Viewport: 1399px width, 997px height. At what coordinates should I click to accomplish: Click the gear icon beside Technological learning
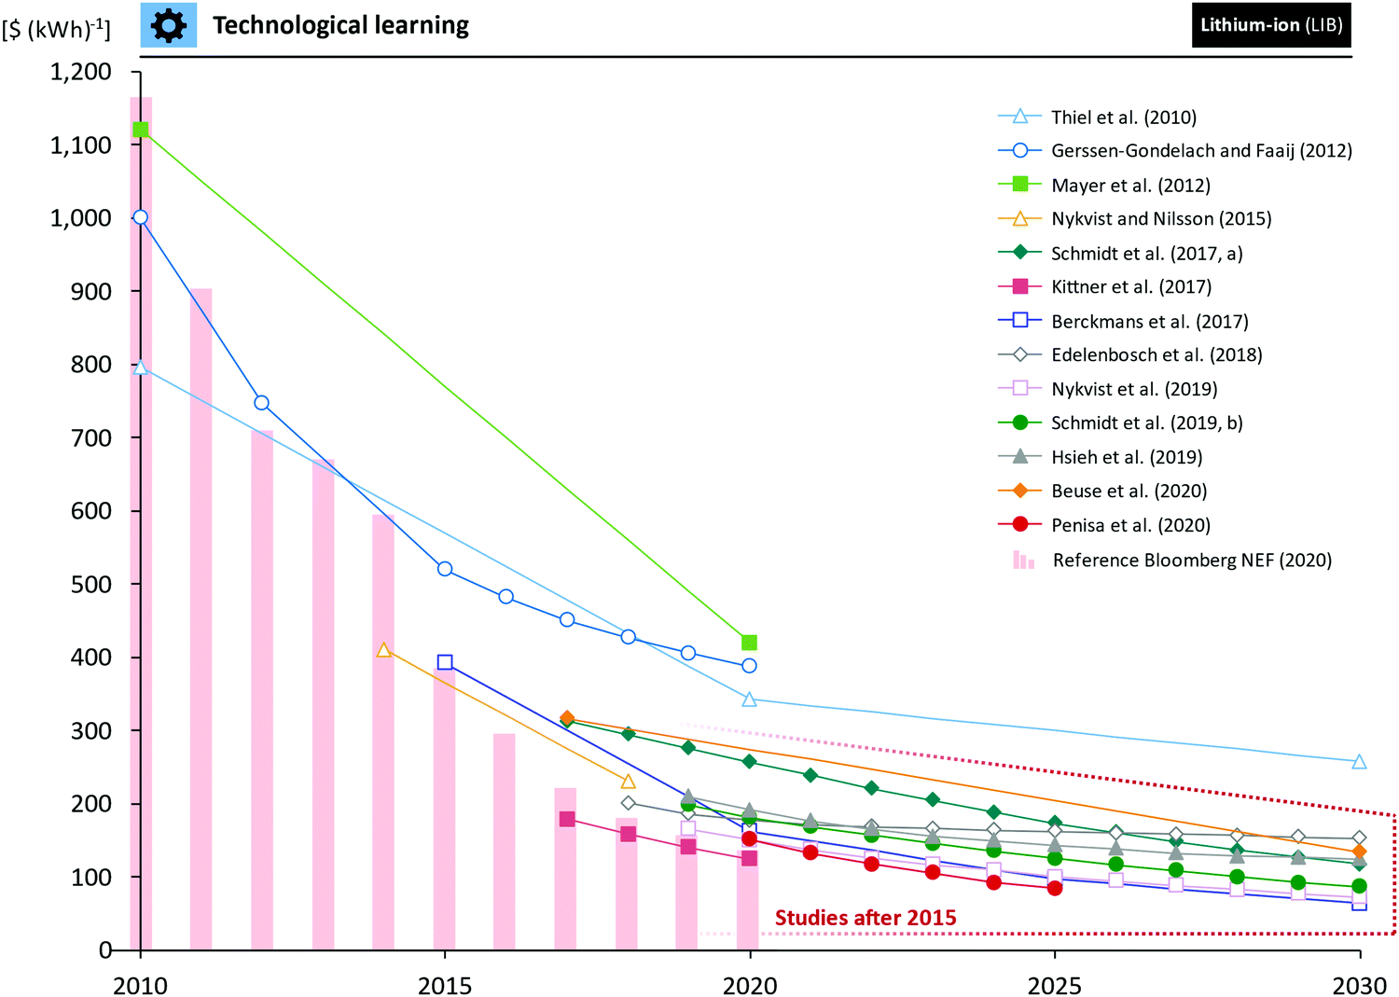pyautogui.click(x=168, y=25)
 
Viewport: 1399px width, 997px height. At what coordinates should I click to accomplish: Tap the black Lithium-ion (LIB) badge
pyautogui.click(x=1270, y=25)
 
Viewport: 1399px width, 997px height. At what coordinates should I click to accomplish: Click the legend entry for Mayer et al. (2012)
pyautogui.click(x=1129, y=185)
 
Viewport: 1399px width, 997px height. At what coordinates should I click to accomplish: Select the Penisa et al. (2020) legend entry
pyautogui.click(x=1129, y=525)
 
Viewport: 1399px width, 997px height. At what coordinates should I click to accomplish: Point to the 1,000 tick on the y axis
pyautogui.click(x=80, y=217)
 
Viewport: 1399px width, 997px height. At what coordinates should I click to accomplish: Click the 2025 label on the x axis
pyautogui.click(x=1054, y=986)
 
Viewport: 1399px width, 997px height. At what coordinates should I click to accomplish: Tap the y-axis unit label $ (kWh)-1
pyautogui.click(x=56, y=29)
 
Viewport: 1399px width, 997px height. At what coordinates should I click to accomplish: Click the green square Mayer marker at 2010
pyautogui.click(x=141, y=129)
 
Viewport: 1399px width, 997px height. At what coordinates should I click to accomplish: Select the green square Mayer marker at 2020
pyautogui.click(x=749, y=643)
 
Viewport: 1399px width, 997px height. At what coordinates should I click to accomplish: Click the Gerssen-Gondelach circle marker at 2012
pyautogui.click(x=262, y=403)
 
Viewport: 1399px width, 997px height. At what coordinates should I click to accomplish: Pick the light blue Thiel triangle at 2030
pyautogui.click(x=1359, y=762)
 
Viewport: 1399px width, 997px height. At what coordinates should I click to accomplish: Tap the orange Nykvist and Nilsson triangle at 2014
pyautogui.click(x=383, y=650)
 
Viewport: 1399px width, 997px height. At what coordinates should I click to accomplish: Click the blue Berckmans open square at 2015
pyautogui.click(x=445, y=662)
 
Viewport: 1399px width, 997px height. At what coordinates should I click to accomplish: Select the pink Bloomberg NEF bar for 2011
pyautogui.click(x=201, y=616)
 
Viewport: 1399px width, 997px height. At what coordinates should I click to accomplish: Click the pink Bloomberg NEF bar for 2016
pyautogui.click(x=505, y=839)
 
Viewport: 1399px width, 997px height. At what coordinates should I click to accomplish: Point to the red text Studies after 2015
pyautogui.click(x=866, y=918)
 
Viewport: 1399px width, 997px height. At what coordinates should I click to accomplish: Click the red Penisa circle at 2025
pyautogui.click(x=1054, y=888)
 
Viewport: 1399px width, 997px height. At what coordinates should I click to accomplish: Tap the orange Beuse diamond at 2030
pyautogui.click(x=1359, y=852)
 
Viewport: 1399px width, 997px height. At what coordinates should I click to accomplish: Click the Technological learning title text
pyautogui.click(x=340, y=25)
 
